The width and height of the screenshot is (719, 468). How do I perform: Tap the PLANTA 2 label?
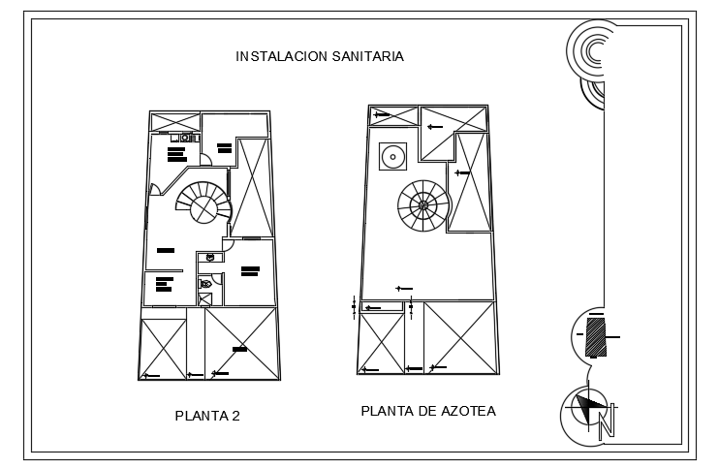[206, 416]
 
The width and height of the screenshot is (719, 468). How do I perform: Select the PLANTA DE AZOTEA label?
[427, 411]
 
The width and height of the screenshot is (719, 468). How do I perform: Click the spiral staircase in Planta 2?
[204, 204]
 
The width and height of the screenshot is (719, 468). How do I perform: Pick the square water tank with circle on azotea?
[392, 155]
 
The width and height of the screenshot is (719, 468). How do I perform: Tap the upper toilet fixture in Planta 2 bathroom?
[209, 258]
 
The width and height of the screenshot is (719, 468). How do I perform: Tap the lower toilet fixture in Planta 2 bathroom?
[205, 284]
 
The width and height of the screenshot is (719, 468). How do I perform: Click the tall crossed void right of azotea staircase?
[472, 182]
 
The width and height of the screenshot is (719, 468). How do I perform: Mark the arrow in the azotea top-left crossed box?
[382, 115]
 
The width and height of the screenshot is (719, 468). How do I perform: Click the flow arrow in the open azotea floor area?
[404, 288]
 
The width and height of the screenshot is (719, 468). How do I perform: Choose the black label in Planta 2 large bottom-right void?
[238, 348]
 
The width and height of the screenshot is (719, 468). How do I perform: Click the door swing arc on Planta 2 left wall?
[154, 191]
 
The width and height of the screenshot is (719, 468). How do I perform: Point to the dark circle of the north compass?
[587, 409]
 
